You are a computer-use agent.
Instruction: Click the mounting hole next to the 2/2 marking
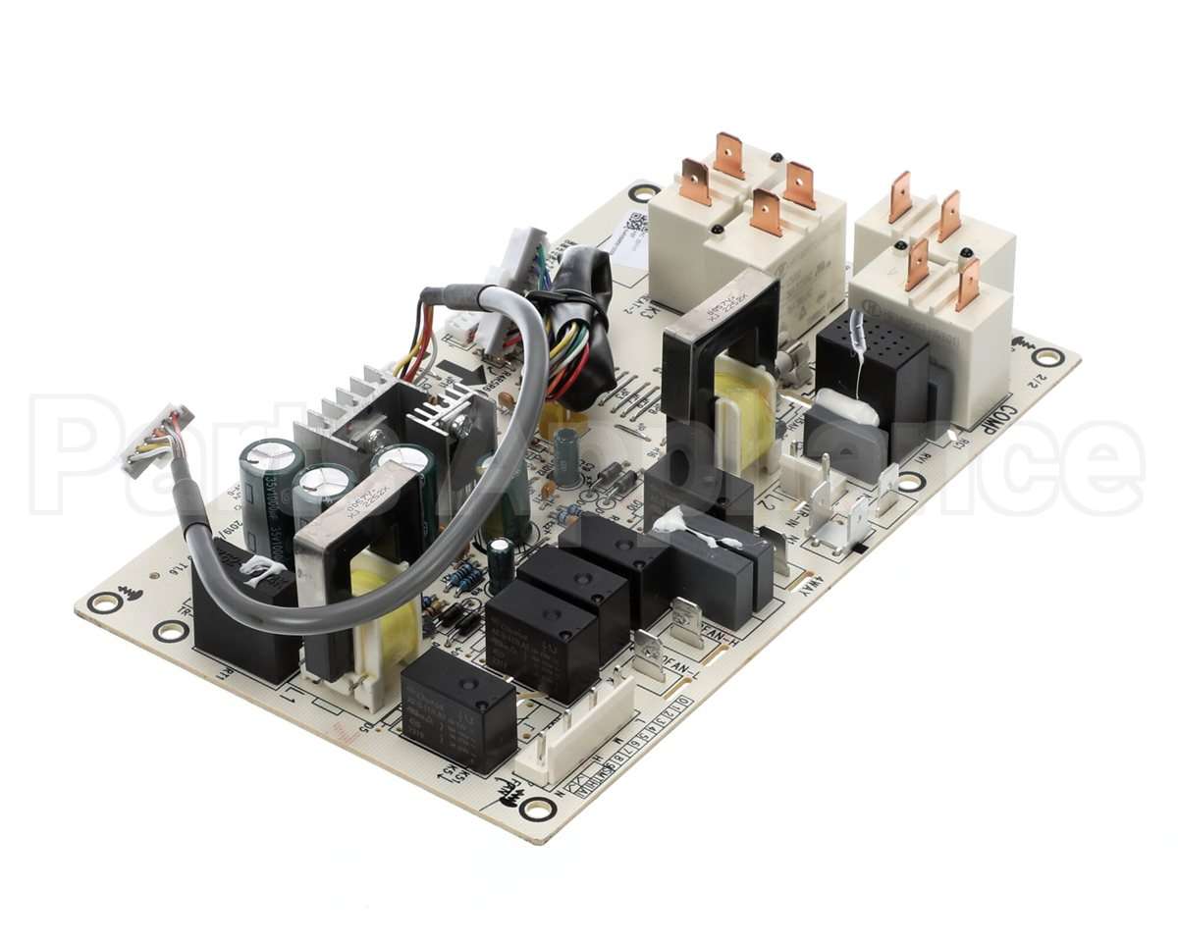pos(1047,356)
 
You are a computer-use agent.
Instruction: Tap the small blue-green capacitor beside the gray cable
pos(566,457)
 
